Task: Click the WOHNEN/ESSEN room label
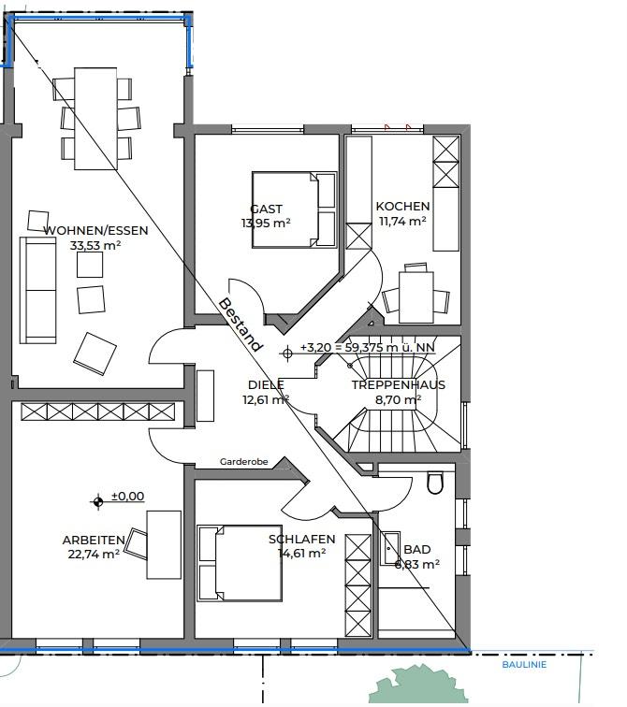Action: point(95,230)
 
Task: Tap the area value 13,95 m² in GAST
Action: point(266,223)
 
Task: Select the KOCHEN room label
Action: point(402,206)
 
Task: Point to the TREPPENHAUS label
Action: point(399,384)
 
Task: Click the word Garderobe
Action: point(244,462)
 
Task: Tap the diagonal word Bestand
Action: point(240,325)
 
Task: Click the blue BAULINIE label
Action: point(524,665)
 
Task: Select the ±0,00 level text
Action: point(127,496)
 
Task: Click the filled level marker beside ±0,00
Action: point(98,501)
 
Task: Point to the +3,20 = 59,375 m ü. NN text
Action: point(368,347)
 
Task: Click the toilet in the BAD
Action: point(435,483)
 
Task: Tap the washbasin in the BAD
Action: point(390,548)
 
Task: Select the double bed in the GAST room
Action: point(294,209)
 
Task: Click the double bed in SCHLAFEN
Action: point(240,563)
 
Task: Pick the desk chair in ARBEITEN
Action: point(136,543)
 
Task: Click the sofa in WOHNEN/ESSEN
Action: point(37,290)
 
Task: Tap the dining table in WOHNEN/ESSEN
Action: point(95,118)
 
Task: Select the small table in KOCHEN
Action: point(416,296)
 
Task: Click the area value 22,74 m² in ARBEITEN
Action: point(94,555)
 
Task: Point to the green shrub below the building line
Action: point(417,685)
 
